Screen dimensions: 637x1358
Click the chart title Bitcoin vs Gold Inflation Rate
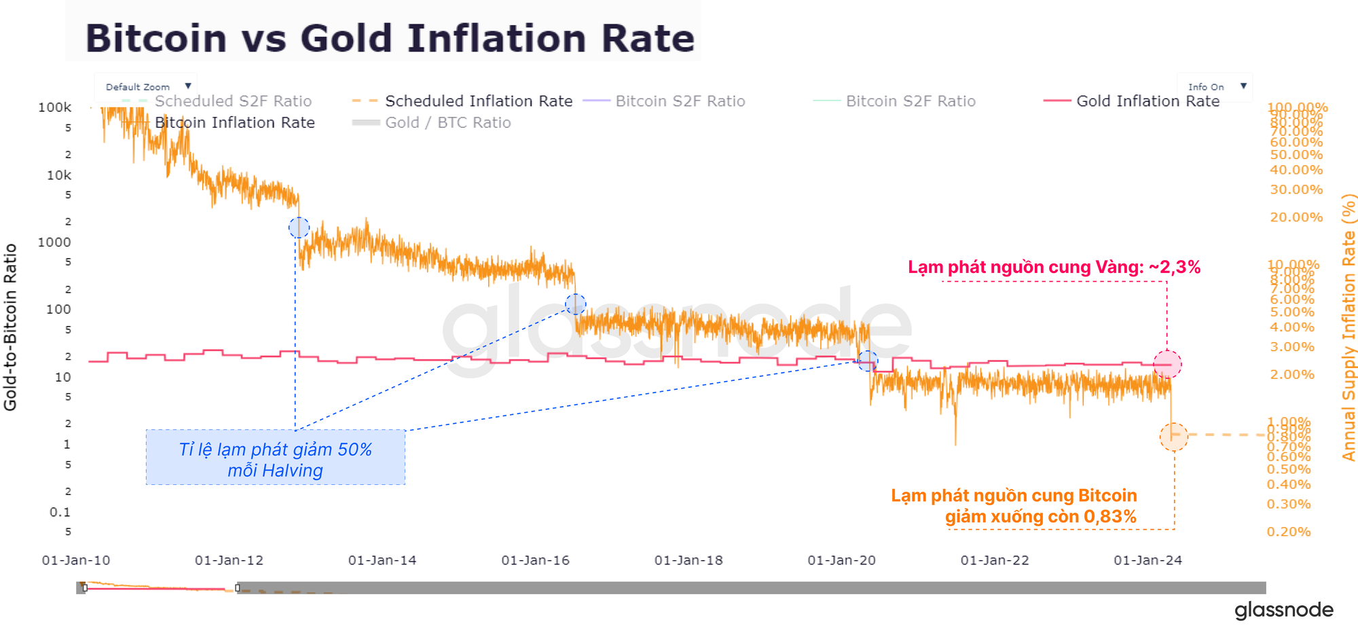(390, 38)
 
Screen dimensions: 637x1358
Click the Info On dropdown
(1216, 86)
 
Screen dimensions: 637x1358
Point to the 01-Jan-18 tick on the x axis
(689, 560)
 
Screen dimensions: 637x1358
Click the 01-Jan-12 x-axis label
(229, 560)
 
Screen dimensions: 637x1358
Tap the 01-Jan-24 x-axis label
(1148, 560)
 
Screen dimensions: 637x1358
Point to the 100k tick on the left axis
(55, 107)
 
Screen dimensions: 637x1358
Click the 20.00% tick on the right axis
(1296, 217)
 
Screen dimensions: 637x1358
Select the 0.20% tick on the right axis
(1289, 532)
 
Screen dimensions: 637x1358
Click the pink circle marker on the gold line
(1167, 365)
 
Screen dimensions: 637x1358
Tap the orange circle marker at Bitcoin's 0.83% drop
(1174, 437)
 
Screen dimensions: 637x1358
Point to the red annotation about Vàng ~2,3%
(1054, 267)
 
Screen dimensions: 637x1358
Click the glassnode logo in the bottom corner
(1283, 610)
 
